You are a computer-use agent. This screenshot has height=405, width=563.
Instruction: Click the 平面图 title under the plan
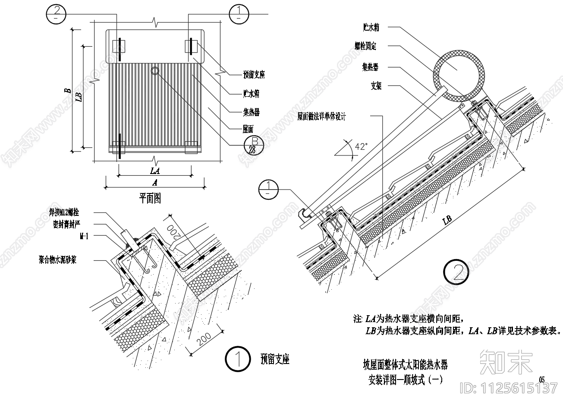(150, 198)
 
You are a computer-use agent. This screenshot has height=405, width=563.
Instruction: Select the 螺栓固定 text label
(365, 46)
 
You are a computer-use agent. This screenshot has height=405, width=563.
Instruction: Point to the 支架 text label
(376, 86)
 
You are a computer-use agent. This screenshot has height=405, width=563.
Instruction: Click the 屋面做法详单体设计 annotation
(321, 116)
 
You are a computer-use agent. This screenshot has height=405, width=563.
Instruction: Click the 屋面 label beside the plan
(248, 129)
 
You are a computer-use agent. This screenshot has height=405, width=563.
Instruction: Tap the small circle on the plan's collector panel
(155, 70)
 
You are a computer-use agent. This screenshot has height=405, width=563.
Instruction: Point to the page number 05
(542, 380)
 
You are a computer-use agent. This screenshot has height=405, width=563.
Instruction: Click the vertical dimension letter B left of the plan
(67, 91)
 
